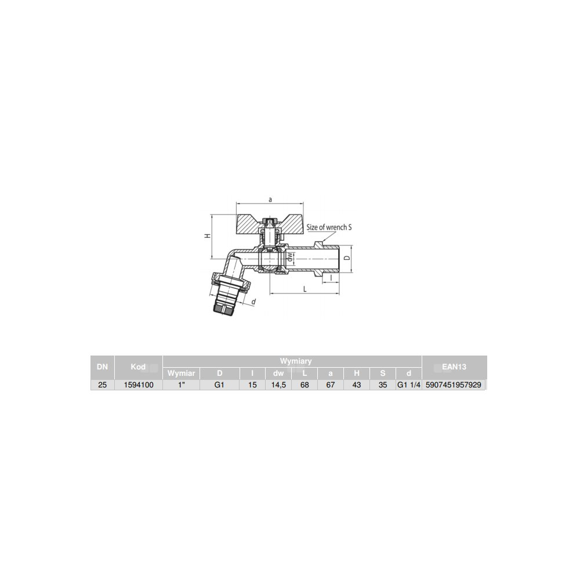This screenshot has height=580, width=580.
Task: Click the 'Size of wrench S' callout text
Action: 329,227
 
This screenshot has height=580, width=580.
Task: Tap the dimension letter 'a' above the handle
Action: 270,200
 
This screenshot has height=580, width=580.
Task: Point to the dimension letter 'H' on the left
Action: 208,235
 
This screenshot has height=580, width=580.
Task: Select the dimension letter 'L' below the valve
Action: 305,289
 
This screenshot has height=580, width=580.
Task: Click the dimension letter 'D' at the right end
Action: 347,258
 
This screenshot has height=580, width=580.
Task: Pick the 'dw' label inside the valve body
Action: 290,257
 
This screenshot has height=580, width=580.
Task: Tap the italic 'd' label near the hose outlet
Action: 253,302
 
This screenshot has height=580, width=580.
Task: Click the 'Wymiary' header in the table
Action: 296,361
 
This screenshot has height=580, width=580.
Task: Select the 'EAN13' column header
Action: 454,367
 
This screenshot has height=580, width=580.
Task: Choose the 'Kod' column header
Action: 138,367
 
